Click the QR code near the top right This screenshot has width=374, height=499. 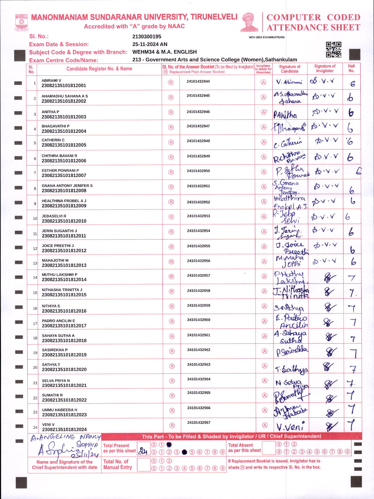333,49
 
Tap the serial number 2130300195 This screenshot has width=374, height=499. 147,37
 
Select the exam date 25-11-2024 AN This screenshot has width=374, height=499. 150,44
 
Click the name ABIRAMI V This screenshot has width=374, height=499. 51,81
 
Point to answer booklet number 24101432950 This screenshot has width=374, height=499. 198,171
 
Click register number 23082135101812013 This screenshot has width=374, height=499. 64,265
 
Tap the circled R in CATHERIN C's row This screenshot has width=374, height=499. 171,142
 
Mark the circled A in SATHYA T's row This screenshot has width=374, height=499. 264,366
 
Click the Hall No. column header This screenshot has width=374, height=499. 351,69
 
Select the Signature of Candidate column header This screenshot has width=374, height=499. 290,69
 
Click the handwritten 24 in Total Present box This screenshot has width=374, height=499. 143,451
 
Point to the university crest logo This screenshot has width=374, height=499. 21,22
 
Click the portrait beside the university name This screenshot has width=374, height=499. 249,22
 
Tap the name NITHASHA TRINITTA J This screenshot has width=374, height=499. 62,290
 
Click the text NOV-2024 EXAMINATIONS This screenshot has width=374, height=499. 267,37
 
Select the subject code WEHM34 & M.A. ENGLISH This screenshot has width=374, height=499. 164,52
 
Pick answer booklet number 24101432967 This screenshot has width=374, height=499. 198,423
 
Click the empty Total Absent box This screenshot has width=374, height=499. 268,448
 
